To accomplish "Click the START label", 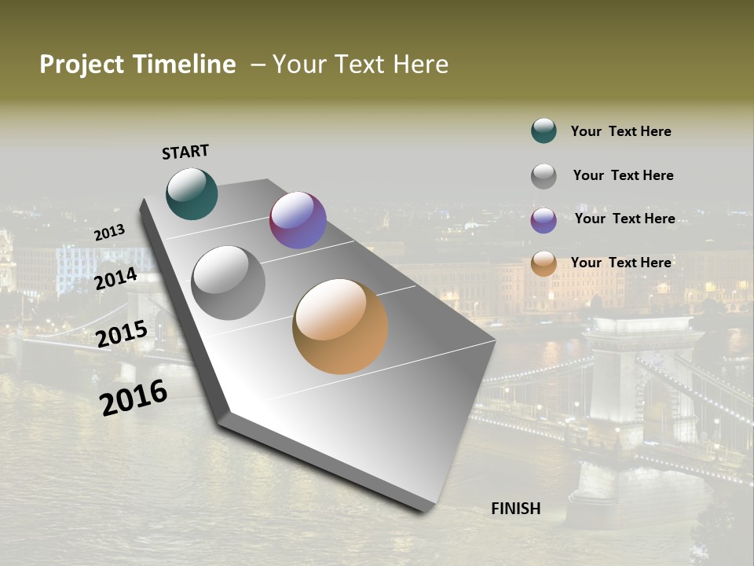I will pos(185,152).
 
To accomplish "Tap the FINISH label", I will pos(516,509).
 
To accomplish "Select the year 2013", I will pos(109,233).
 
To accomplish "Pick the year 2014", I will pos(116,279).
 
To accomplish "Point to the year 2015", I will pos(122,334).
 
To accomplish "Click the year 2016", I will pos(134,398).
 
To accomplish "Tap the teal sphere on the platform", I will pos(192,194).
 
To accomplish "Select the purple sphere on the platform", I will pos(298,220).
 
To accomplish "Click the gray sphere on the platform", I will pos(228,282).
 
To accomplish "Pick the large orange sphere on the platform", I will pos(340,326).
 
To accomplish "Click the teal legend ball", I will pos(544,130).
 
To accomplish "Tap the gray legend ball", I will pos(544,176).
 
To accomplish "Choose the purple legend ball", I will pos(544,220).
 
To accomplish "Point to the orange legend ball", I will pos(544,263).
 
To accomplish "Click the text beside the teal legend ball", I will pos(620,131).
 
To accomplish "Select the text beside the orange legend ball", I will pos(620,263).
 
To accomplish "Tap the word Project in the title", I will pos(81,64).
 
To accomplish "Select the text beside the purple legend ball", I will pos(624,219).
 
